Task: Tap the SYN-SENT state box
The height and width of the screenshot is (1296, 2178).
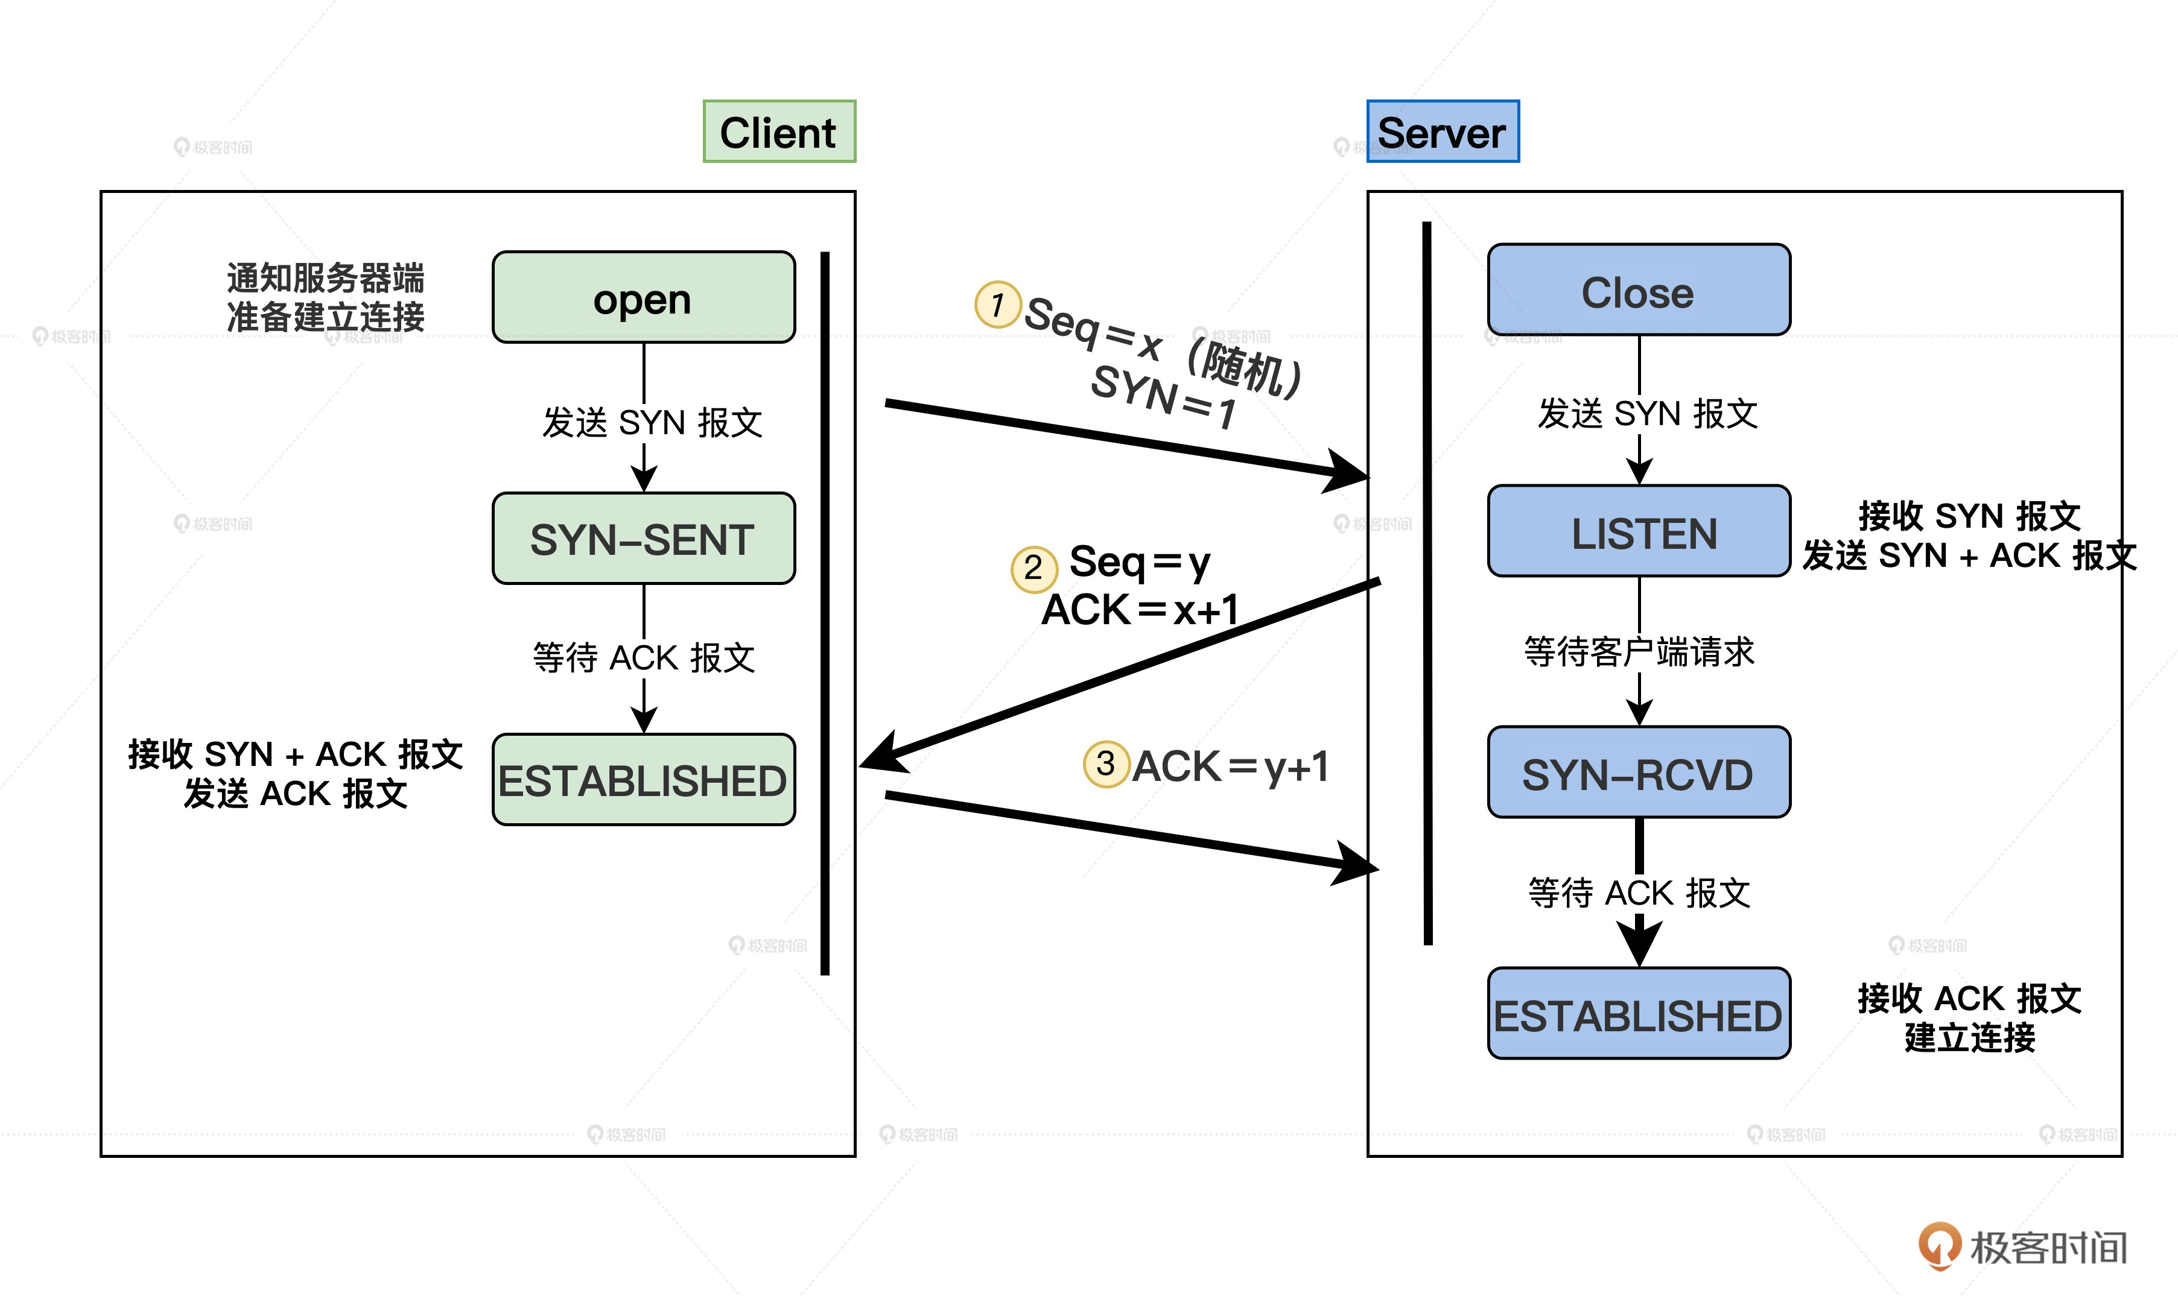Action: [643, 539]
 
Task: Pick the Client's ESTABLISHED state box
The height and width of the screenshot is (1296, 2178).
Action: [643, 780]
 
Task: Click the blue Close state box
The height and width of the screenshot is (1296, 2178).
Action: [1638, 290]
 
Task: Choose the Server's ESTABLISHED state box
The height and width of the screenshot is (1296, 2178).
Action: [1638, 1014]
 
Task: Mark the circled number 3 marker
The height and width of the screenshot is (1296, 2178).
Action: [1106, 764]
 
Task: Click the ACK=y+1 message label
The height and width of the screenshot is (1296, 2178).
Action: [1230, 767]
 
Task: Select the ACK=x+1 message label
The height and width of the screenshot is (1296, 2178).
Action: [1140, 610]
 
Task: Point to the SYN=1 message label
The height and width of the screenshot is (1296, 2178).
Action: [1164, 397]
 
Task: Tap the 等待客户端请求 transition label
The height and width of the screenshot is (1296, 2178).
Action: [1638, 651]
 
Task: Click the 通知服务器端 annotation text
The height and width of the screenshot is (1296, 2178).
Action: [325, 277]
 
